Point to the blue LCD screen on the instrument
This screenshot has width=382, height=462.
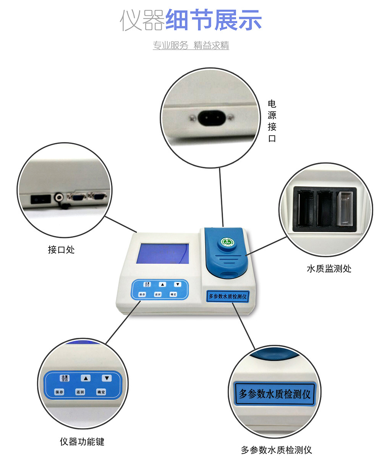[x=163, y=253]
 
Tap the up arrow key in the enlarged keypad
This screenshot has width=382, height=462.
[x=86, y=378]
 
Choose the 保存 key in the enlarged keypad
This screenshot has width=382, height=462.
[x=59, y=392]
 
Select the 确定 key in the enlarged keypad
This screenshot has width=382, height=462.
[x=101, y=392]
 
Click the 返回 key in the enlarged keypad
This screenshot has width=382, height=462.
[x=80, y=392]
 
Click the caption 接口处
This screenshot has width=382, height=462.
[x=61, y=250]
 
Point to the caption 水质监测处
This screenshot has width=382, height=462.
[x=329, y=269]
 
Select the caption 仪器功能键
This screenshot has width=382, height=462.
[x=82, y=442]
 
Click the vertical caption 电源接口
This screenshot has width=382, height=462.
[x=272, y=121]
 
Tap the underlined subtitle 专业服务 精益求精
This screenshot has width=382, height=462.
[x=191, y=45]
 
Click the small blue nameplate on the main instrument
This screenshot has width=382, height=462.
[x=228, y=296]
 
